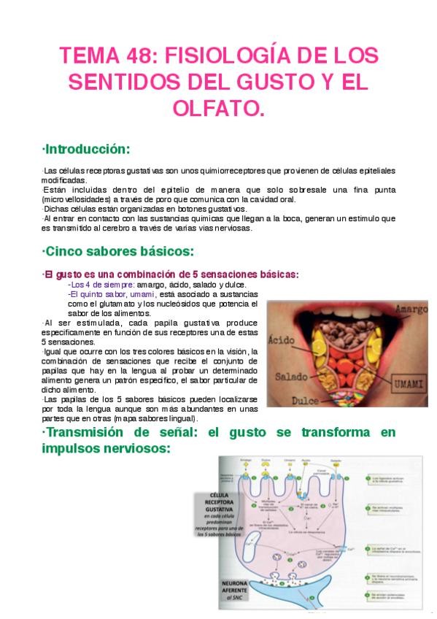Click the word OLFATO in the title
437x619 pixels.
click(218, 109)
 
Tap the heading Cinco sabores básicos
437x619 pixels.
click(117, 252)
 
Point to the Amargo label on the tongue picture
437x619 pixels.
click(410, 310)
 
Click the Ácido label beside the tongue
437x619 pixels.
click(281, 340)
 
